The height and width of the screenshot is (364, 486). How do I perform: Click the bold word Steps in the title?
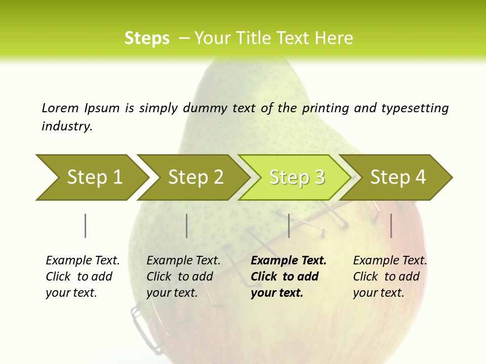point(147,38)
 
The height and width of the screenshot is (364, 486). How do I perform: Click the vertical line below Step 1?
point(85,225)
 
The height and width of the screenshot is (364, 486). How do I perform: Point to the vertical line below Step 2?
point(187,225)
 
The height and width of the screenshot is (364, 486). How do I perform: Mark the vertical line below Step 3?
point(289,225)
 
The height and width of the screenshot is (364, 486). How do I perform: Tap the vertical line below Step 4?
point(391,225)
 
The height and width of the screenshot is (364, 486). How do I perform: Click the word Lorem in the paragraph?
point(60,108)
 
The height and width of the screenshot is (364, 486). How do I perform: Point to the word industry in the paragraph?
point(67,126)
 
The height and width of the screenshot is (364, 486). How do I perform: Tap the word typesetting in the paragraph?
point(415,108)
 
